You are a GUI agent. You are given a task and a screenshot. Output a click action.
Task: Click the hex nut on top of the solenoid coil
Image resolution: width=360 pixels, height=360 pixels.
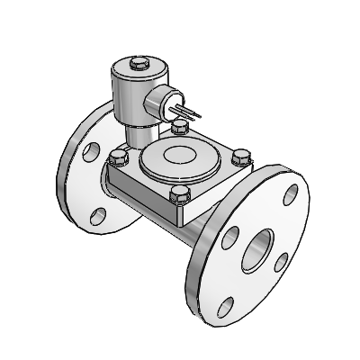pos(138,64)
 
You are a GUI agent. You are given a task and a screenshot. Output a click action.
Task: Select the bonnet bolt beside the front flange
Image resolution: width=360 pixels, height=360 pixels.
pos(239,158)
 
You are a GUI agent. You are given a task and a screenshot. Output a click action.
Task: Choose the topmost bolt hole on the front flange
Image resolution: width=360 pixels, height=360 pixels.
pos(291,191)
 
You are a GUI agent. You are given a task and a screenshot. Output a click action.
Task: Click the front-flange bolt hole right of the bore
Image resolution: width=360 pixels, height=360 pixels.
pos(282,261)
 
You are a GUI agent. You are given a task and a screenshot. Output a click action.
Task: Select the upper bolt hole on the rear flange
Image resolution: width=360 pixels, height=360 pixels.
pos(90,151)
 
